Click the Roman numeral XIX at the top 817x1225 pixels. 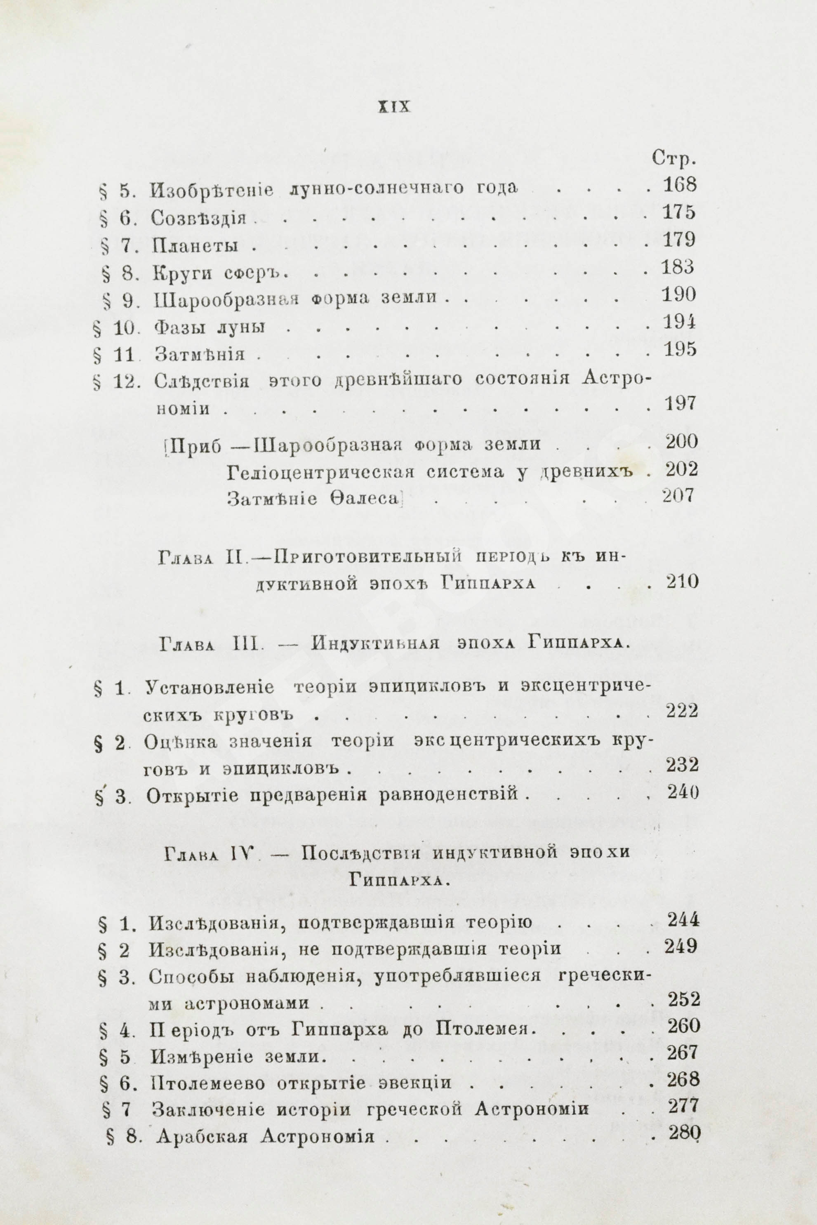click(393, 107)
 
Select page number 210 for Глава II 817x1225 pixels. click(682, 582)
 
